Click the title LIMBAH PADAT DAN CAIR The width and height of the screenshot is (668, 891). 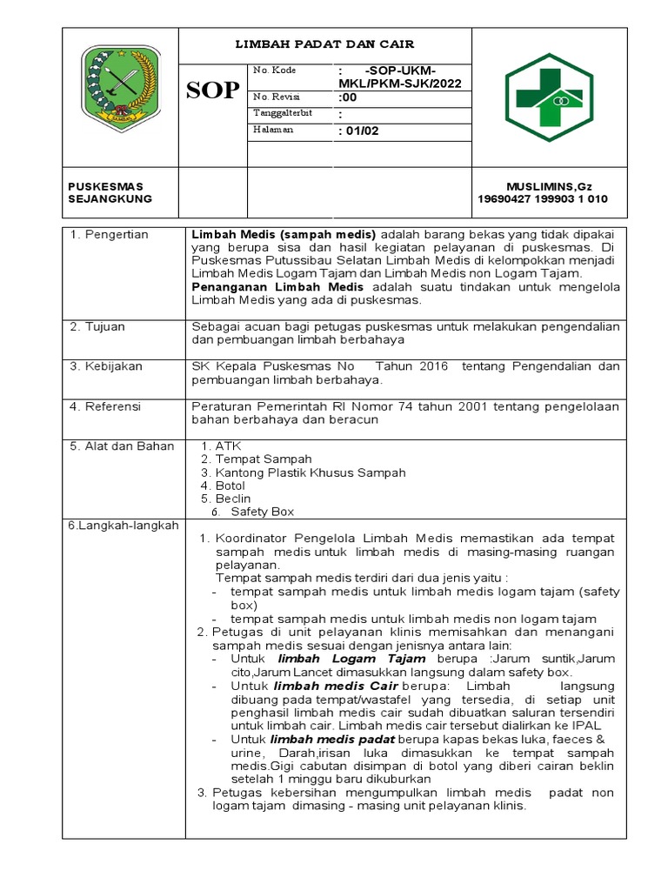pyautogui.click(x=325, y=44)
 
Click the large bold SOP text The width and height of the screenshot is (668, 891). pyautogui.click(x=213, y=90)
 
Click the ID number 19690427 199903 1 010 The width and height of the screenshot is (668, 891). pyautogui.click(x=543, y=199)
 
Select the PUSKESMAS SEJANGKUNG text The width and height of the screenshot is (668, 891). pyautogui.click(x=110, y=192)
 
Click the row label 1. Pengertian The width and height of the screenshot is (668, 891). pyautogui.click(x=109, y=235)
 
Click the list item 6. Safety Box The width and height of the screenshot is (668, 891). pyautogui.click(x=254, y=512)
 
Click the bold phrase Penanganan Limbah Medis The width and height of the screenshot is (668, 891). pyautogui.click(x=277, y=286)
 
